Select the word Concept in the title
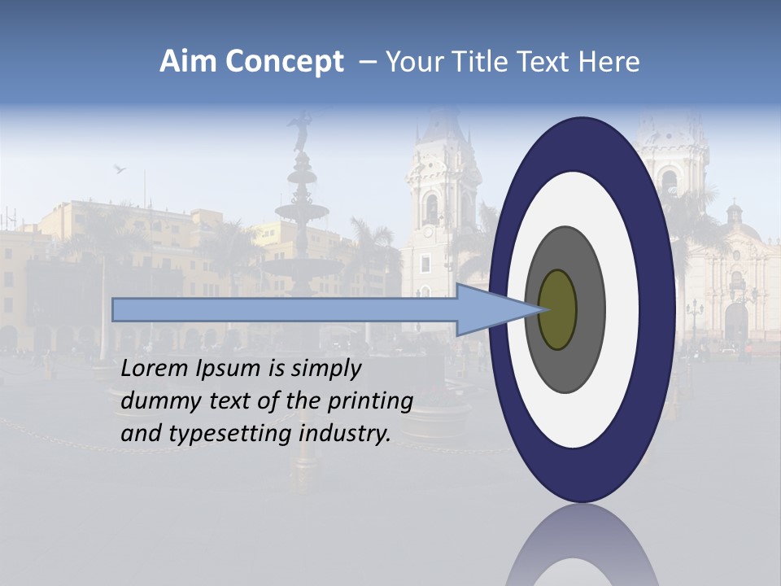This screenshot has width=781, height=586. pyautogui.click(x=284, y=63)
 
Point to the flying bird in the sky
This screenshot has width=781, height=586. pyautogui.click(x=120, y=168)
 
